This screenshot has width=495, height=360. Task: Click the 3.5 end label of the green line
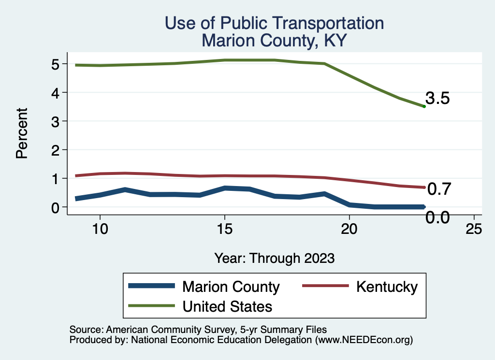(438, 99)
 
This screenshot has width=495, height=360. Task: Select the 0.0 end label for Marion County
(437, 218)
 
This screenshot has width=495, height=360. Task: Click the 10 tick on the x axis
(100, 229)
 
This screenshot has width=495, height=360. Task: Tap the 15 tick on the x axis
(224, 229)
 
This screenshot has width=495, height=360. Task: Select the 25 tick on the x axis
(474, 229)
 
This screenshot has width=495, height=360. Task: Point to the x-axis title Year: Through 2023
(274, 258)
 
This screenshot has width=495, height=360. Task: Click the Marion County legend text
(231, 287)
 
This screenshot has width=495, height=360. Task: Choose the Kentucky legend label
(387, 287)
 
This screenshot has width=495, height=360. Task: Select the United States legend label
(227, 306)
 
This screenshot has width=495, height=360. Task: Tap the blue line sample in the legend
(151, 286)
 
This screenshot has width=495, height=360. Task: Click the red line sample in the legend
(325, 286)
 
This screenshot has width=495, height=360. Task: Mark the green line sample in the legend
(151, 305)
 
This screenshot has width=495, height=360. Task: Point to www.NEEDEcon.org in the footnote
(363, 340)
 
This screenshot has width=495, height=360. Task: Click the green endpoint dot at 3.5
(424, 106)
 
